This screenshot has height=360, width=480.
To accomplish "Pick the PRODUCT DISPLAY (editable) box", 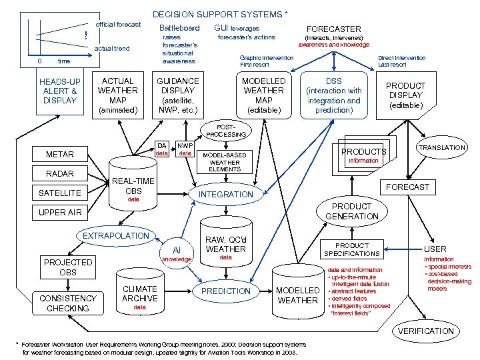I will point(405,95).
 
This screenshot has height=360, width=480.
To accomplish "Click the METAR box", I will point(60,155).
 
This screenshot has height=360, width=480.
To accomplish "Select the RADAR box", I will point(60,174).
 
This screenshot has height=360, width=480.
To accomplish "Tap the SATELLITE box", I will point(60,193).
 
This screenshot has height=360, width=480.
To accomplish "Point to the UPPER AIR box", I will point(60,213).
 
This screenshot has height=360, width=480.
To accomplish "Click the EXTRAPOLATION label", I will point(116,235).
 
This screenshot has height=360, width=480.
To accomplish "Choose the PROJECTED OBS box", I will point(68,267).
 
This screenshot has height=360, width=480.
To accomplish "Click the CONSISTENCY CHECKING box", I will point(68,303).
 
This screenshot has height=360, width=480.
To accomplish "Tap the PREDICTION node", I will point(226,291).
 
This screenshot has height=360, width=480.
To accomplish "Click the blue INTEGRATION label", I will point(227,194).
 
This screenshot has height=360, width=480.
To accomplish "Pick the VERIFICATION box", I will point(425,331).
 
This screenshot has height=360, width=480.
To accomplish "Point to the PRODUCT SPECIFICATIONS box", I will point(351,249).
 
